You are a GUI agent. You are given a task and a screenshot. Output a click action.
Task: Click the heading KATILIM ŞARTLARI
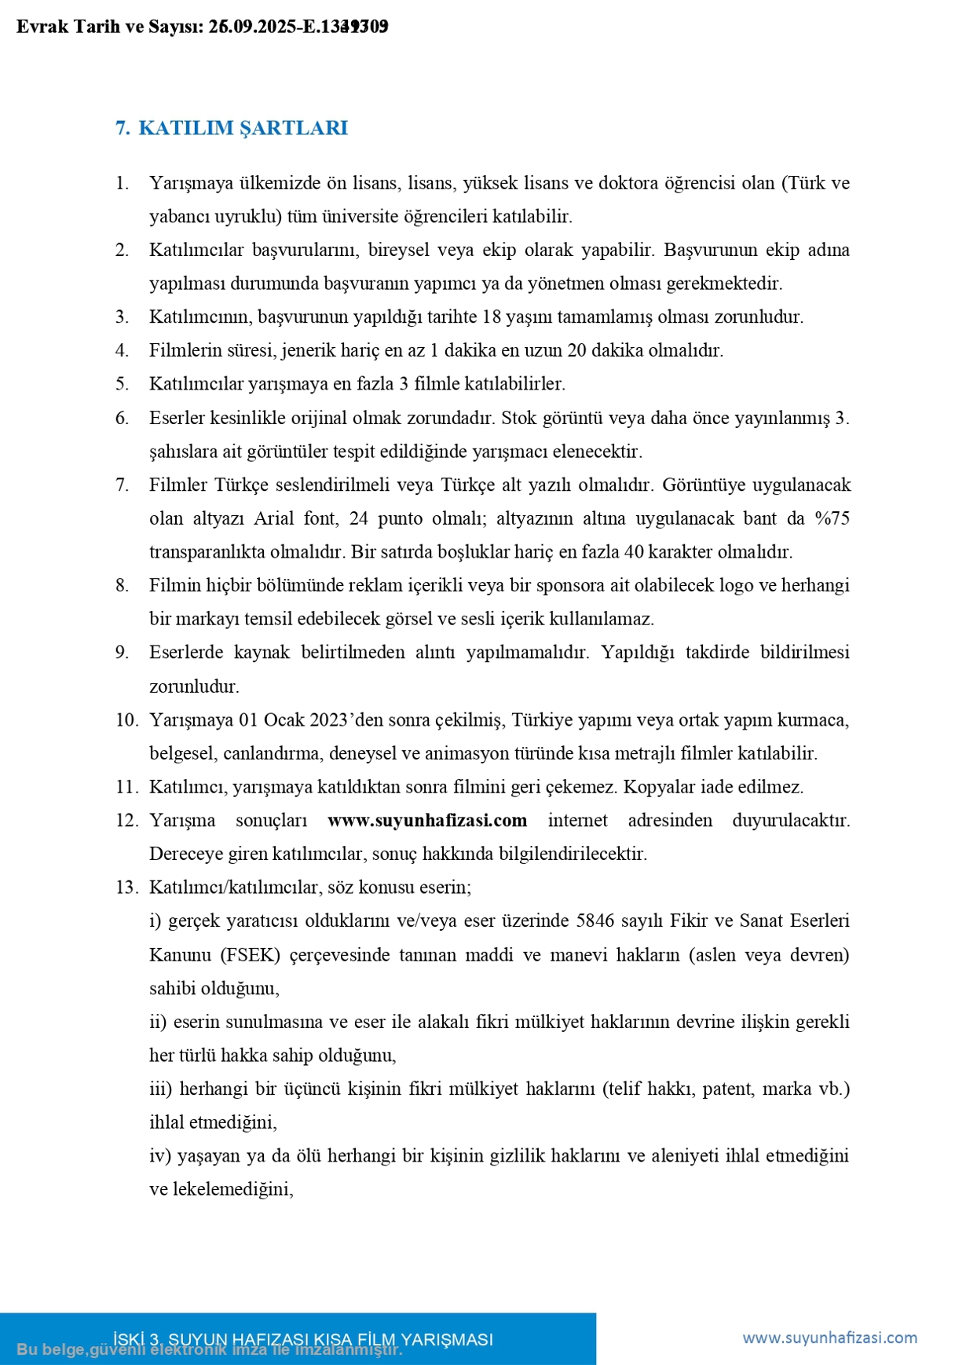(243, 128)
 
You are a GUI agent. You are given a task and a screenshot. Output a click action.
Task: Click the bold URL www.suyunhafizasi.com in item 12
(427, 820)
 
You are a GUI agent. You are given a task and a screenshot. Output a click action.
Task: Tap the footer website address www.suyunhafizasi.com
(829, 1338)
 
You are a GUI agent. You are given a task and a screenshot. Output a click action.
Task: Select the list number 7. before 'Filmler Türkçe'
(122, 485)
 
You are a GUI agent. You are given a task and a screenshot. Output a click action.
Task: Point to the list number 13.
(126, 887)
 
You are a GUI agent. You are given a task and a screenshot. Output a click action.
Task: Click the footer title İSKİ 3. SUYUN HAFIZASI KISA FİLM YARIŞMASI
(303, 1339)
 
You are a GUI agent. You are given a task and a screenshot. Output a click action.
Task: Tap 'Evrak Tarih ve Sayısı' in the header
(110, 27)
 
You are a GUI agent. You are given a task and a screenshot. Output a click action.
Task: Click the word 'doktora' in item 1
(627, 183)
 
